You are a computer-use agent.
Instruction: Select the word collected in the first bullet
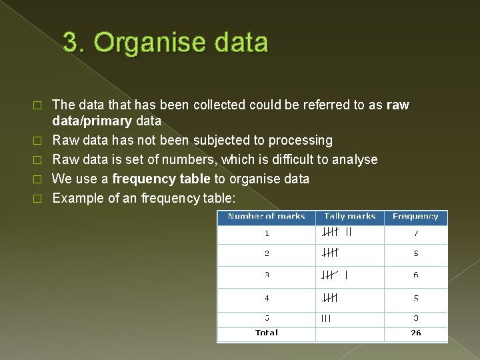click(x=219, y=105)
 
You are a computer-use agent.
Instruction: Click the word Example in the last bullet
click(x=75, y=198)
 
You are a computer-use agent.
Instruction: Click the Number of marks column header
click(x=267, y=217)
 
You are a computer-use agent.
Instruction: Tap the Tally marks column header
click(x=350, y=217)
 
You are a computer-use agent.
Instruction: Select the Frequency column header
click(x=415, y=217)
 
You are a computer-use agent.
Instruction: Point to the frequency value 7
click(x=415, y=234)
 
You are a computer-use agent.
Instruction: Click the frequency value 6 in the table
click(x=415, y=275)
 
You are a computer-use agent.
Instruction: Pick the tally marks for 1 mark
click(x=337, y=233)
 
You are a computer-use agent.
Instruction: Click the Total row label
click(x=267, y=333)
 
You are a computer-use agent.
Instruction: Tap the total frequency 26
click(x=415, y=333)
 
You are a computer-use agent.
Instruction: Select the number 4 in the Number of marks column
click(x=267, y=298)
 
